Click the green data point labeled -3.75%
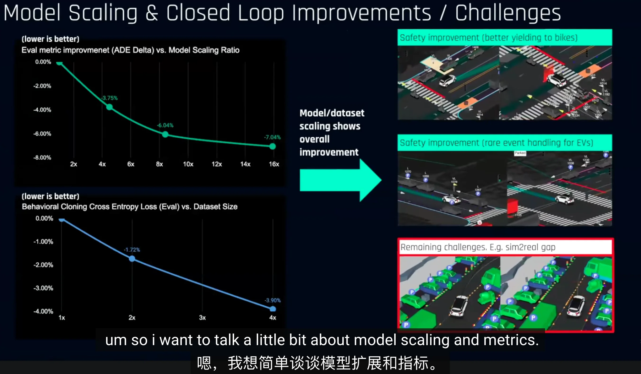[109, 107]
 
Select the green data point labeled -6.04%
[165, 134]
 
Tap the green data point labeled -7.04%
[272, 146]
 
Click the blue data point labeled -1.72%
[132, 258]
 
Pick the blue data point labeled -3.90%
[273, 309]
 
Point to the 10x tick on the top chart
[188, 164]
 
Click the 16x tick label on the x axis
[274, 164]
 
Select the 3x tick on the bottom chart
[202, 318]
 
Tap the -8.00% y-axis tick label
[42, 158]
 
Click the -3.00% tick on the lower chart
[43, 288]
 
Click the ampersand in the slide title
[152, 13]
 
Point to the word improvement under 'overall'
[329, 152]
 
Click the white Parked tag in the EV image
[520, 153]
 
